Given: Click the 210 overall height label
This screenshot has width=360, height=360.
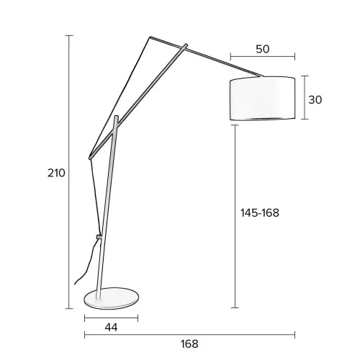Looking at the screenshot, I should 57,173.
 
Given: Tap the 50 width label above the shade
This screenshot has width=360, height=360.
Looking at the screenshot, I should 262,49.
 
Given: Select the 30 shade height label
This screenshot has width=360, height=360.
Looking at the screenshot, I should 315,100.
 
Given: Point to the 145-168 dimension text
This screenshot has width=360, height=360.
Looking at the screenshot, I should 259,213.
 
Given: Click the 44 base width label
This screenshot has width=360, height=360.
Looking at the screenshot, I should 110,328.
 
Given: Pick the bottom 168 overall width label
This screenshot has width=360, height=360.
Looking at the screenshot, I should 189,344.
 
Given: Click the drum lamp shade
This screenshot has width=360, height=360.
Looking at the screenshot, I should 262,99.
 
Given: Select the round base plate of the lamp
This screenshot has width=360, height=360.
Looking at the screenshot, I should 111,297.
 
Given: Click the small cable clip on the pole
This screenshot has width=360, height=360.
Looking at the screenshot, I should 99,236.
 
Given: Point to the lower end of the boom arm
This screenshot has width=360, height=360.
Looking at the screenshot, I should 89,157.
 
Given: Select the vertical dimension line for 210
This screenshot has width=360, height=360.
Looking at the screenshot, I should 71,173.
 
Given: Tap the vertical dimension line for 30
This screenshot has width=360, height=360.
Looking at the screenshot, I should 305,99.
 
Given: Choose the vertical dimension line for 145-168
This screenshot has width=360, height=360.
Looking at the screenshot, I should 235,216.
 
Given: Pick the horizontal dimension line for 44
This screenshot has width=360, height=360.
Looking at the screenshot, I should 111,317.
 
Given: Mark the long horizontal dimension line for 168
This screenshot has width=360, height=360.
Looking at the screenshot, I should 189,334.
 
